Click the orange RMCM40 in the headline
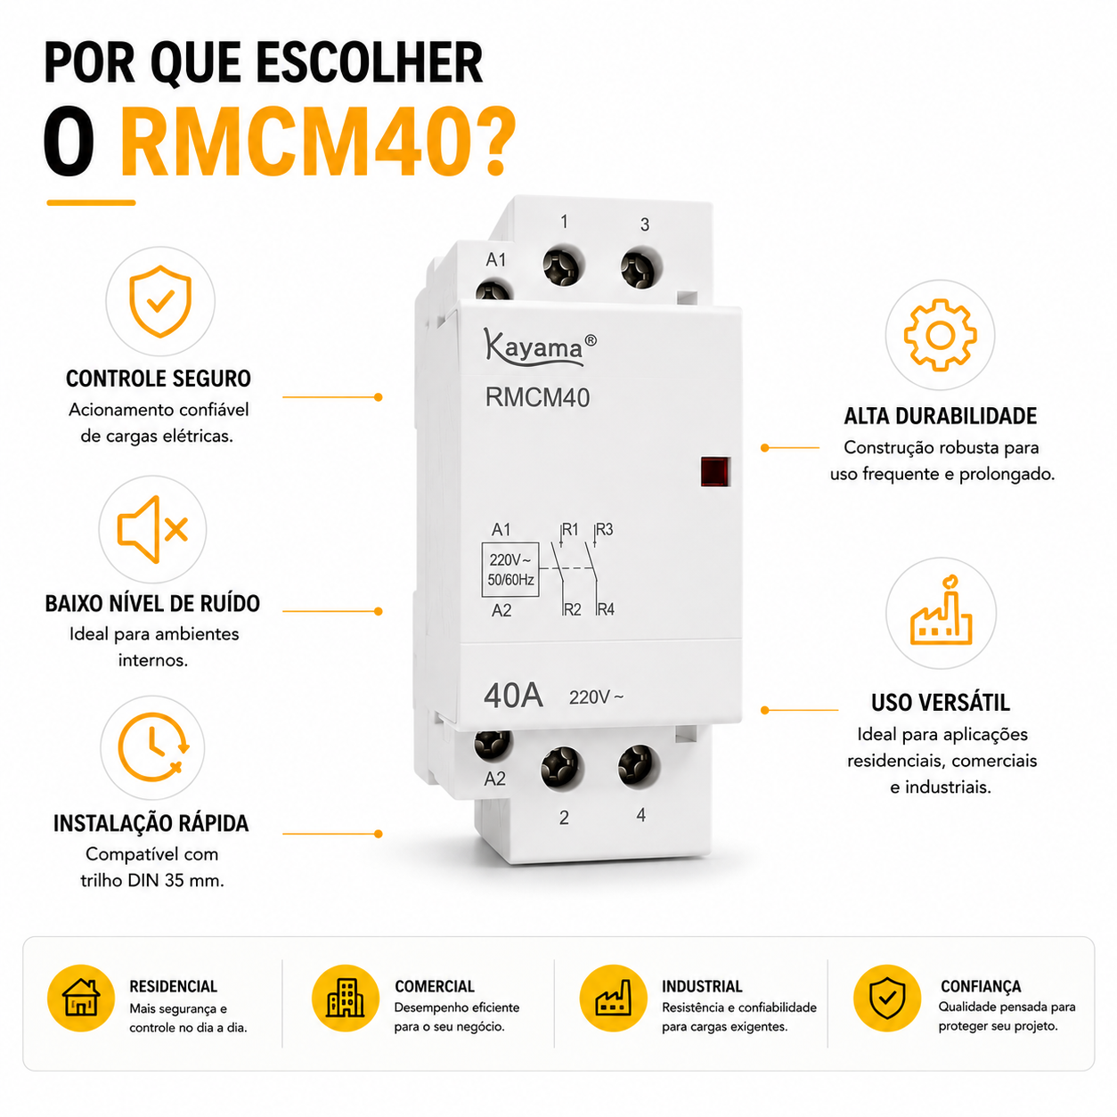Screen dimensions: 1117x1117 (318, 141)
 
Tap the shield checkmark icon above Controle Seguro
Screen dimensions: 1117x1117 (160, 301)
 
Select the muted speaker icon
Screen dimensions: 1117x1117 (152, 529)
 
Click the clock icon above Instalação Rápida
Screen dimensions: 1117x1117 (153, 747)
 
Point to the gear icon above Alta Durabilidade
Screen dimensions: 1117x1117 (941, 335)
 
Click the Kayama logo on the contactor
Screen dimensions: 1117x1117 (540, 347)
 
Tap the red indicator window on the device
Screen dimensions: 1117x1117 (715, 471)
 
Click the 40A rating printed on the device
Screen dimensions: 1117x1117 (513, 696)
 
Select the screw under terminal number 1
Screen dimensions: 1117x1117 (563, 266)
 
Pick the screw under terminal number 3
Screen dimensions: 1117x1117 (640, 268)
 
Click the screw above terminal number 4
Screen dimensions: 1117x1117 (639, 766)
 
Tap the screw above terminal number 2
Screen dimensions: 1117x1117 (562, 768)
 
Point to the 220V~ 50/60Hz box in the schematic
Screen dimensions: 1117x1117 (510, 569)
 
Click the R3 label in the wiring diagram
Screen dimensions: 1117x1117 (604, 528)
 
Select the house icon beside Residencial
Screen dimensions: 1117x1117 (81, 998)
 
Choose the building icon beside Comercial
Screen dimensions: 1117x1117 (346, 998)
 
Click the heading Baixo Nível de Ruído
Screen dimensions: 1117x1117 (152, 603)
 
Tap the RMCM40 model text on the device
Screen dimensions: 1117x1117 (537, 397)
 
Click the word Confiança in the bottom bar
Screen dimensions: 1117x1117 (980, 986)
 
